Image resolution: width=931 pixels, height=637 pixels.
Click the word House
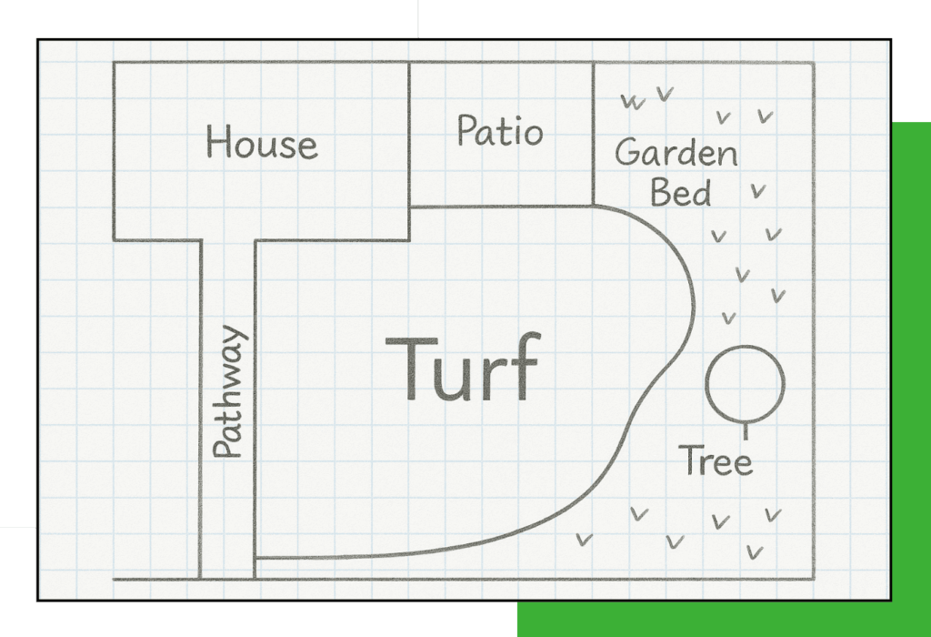pos(261,142)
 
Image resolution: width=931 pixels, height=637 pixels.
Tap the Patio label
pos(500,131)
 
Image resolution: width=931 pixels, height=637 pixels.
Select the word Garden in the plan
pos(676,153)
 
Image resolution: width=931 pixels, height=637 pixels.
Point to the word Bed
pos(680,192)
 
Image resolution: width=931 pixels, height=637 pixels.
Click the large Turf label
pos(464,368)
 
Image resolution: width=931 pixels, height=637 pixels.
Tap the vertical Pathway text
pos(230,391)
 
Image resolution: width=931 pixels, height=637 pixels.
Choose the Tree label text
pos(716,460)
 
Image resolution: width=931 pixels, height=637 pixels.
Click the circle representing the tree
pos(706,383)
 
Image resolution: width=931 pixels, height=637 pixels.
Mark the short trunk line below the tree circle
pos(746,430)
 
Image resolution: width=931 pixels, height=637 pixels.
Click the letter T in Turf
pos(411,369)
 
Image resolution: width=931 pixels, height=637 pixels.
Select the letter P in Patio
pos(467,130)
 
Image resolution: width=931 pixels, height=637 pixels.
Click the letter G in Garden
pos(629,152)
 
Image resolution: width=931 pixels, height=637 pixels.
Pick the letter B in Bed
pos(662,192)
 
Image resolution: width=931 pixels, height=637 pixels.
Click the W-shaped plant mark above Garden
pos(633,102)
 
